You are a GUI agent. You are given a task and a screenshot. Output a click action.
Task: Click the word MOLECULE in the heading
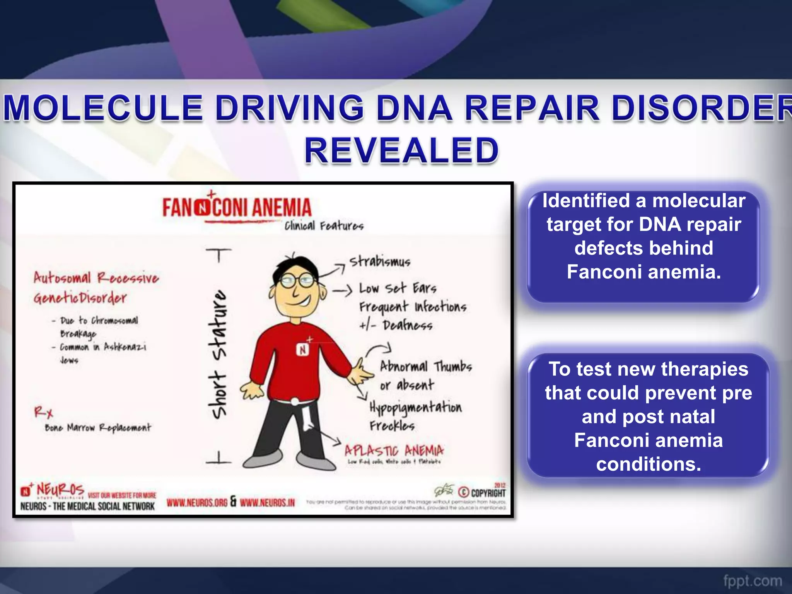coord(103,108)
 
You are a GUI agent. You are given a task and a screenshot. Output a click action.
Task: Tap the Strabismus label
coord(380,262)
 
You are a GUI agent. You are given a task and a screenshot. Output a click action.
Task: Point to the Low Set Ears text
coord(398,288)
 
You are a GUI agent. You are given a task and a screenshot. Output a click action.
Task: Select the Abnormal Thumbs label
coord(426,366)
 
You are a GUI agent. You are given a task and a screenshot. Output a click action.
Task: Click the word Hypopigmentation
coord(415,408)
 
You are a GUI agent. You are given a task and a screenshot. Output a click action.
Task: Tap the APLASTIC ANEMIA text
coord(394,451)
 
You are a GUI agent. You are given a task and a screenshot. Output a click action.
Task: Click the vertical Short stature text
coord(218,354)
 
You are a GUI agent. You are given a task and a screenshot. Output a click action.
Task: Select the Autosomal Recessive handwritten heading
coord(96,278)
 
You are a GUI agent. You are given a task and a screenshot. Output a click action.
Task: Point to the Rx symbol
coord(43,412)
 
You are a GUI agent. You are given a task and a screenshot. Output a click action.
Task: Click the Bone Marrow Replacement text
coord(98,428)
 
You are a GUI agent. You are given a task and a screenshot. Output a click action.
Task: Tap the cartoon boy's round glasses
coord(297,281)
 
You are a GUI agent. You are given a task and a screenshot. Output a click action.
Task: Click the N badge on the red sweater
coord(302,350)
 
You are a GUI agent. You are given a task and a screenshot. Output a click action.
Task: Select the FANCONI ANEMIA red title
coord(237,207)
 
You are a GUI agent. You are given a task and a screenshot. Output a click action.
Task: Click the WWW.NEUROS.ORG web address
coord(197,502)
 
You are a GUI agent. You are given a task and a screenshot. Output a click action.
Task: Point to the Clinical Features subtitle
coord(324,226)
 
